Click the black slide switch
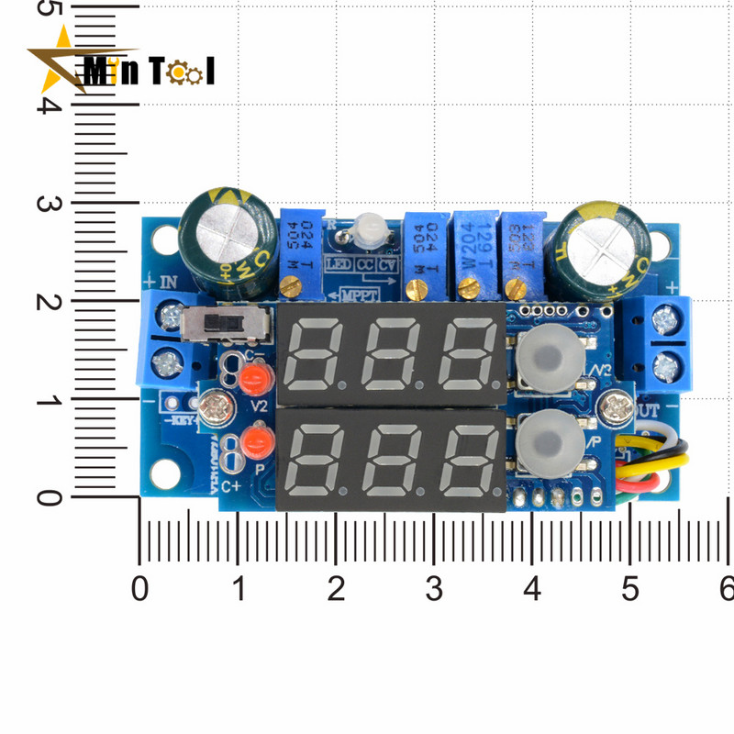pos(225,322)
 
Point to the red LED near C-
pos(253,376)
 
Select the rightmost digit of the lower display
pos(468,450)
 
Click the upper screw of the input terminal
pos(170,318)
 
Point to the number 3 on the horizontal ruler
pos(434,587)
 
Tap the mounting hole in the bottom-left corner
pos(164,472)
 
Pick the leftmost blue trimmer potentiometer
pos(304,251)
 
